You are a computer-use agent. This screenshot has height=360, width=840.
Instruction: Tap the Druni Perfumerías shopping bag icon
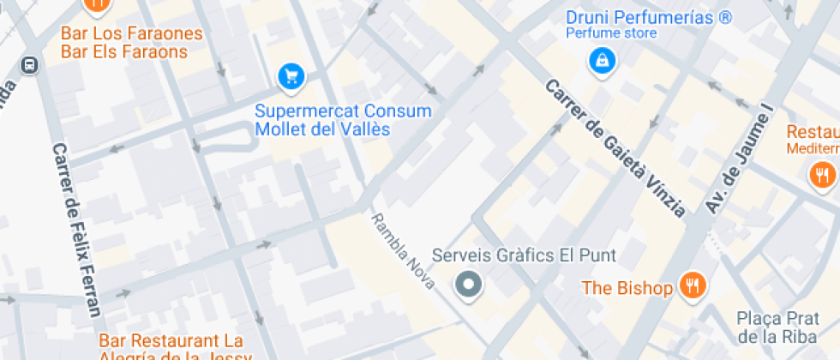[603, 60]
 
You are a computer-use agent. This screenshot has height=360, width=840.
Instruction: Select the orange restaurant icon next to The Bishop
[692, 286]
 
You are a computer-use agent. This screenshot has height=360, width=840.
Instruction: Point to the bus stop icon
[29, 65]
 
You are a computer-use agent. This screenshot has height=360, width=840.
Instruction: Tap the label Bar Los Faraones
[131, 34]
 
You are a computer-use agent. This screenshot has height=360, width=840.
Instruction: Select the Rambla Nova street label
[403, 250]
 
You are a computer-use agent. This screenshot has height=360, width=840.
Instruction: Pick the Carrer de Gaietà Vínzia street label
[615, 148]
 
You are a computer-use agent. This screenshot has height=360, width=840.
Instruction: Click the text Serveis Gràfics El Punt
[524, 255]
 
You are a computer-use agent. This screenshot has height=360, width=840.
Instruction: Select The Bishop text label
[627, 288]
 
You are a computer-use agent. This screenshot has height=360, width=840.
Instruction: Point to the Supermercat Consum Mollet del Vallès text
[343, 121]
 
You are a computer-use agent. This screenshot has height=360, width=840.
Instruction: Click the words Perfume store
[611, 33]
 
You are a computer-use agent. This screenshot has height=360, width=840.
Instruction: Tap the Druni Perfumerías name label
[649, 16]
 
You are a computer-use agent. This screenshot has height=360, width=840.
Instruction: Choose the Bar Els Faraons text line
[123, 52]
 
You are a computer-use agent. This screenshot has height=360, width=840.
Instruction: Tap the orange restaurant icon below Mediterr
[821, 176]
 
